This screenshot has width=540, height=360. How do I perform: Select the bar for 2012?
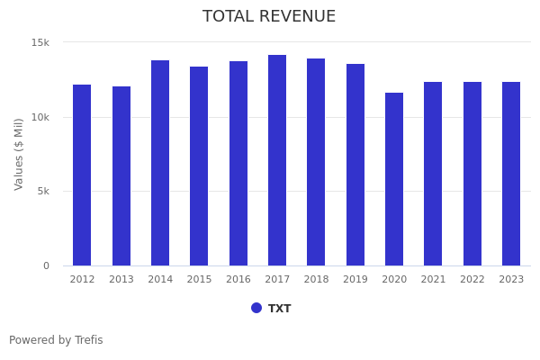pos(82,175)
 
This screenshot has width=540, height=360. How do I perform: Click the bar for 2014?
pos(160,163)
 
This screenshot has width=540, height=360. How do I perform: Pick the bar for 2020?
pos(394,179)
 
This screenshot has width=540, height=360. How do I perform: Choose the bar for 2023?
pos(511,174)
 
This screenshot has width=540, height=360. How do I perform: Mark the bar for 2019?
pos(355,165)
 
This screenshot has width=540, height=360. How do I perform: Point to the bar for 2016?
pos(238,164)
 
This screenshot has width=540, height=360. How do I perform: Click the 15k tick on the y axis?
pos(40,43)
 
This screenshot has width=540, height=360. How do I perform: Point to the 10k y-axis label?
pos(40,117)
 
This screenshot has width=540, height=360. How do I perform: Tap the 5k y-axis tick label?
pos(43,192)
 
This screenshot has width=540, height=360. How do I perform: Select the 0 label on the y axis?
pos(46,265)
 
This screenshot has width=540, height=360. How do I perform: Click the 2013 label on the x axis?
pos(121,280)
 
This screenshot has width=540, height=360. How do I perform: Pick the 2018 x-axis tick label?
pos(316,280)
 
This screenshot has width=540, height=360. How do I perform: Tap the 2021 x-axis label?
pos(433,280)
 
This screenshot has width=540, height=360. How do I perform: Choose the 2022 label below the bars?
pos(472,280)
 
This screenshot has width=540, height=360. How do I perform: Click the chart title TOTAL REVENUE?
pos(269,17)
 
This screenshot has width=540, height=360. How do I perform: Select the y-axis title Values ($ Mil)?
pos(19,154)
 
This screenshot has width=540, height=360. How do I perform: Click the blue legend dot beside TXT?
pos(256,308)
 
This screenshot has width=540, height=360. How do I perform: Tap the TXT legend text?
pos(280,309)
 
